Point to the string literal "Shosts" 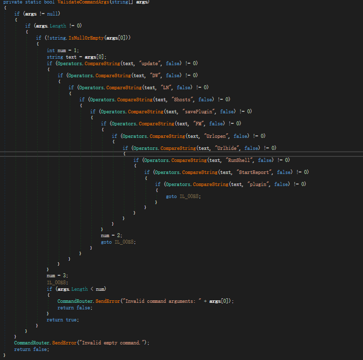[x=182, y=99]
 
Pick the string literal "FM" [x=198, y=123]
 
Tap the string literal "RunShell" [x=239, y=160]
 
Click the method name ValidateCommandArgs [x=83, y=2]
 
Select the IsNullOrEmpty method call [x=86, y=38]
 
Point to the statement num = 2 [x=111, y=235]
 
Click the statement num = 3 [x=57, y=276]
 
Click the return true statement [x=62, y=320]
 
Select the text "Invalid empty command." [x=113, y=342]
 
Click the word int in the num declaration [x=51, y=51]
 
